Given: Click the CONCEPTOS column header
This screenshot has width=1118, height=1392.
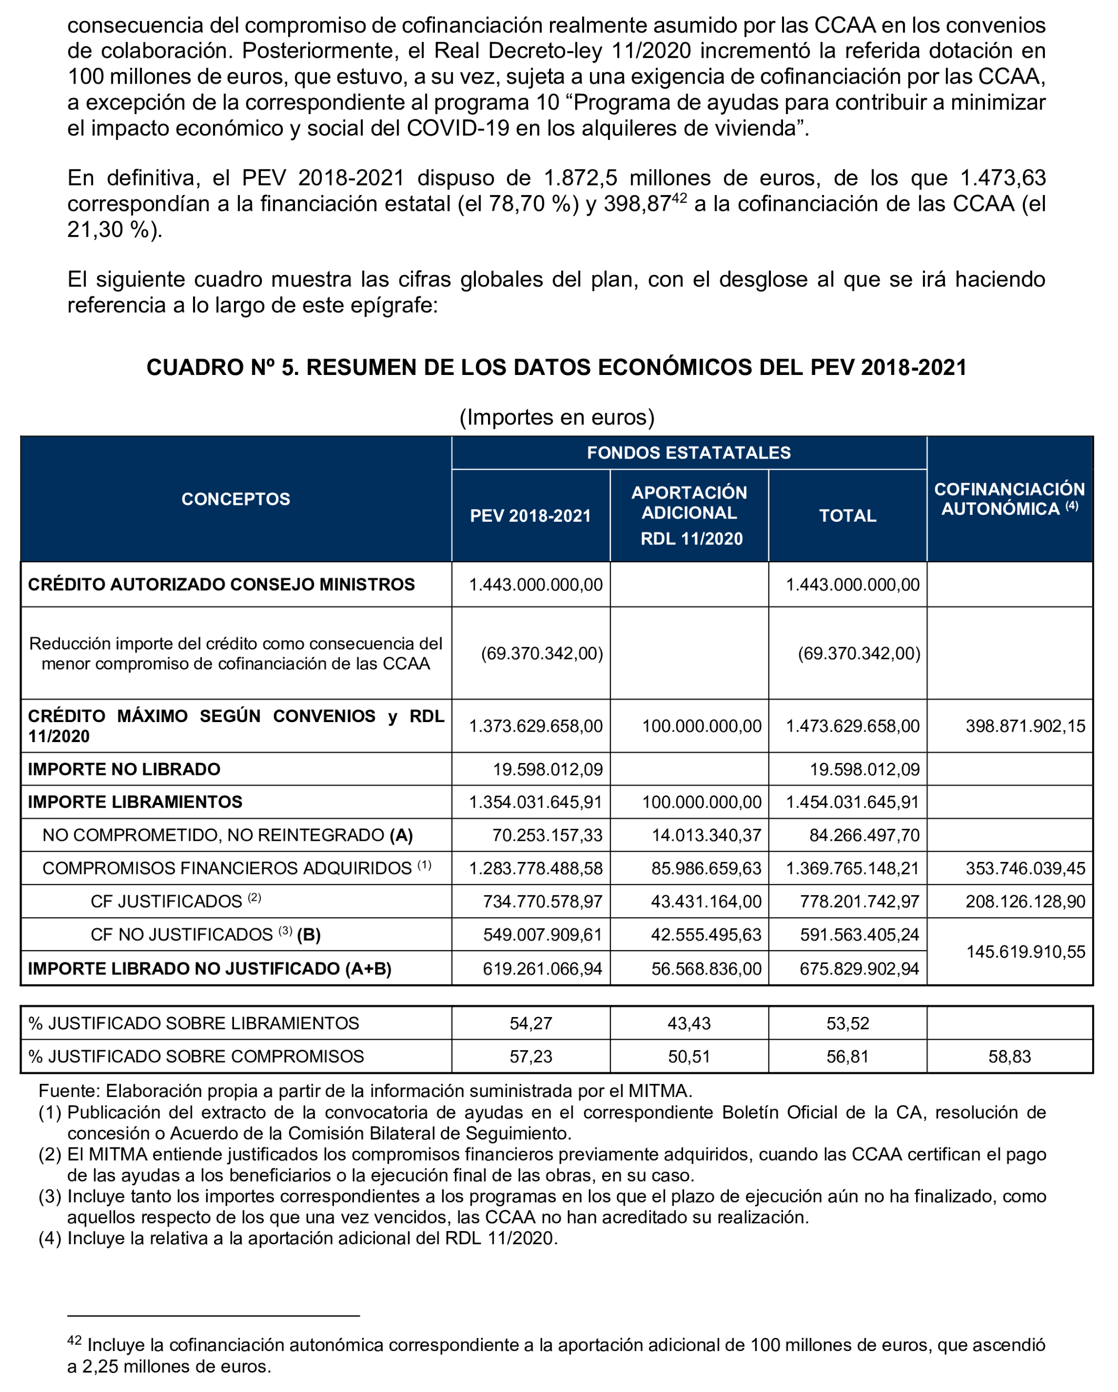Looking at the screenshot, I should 236,499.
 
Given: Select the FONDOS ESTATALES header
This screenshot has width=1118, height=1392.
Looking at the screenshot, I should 689,453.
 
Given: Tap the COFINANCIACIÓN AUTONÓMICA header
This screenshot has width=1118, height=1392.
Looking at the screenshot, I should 1010,499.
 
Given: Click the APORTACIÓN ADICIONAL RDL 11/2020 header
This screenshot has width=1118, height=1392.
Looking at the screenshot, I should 689,515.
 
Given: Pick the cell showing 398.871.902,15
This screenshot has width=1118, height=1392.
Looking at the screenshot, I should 1025,726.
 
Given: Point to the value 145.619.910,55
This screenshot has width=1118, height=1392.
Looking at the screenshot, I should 1025,952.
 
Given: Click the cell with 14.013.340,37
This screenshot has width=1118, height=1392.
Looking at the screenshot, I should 706,836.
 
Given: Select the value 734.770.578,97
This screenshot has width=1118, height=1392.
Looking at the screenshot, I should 542,902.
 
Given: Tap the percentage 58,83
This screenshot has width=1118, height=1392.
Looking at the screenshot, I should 1010,1057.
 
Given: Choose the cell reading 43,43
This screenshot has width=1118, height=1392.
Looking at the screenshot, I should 689,1023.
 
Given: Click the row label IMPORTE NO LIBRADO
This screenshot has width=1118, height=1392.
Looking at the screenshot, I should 124,769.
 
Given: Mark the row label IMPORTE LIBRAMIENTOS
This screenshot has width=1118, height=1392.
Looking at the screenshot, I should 135,802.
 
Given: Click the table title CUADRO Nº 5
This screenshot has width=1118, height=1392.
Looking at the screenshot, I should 556,368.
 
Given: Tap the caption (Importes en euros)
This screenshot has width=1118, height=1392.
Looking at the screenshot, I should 556,418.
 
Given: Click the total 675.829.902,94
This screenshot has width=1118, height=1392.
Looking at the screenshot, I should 859,969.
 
